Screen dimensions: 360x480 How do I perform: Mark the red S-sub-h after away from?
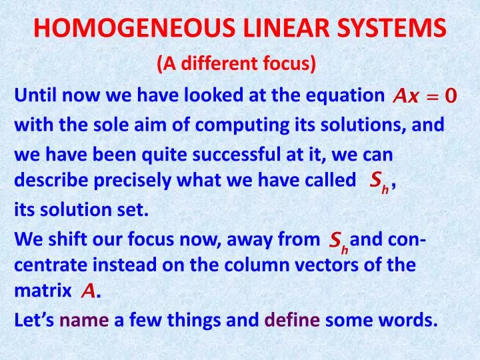[x=339, y=241]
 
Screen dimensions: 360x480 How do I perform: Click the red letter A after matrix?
[x=87, y=291]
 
